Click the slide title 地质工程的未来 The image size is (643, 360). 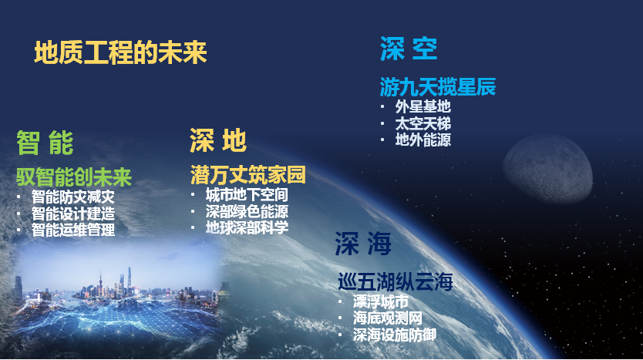pyautogui.click(x=120, y=53)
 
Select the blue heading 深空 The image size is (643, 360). pyautogui.click(x=409, y=49)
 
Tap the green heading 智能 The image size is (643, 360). pyautogui.click(x=45, y=143)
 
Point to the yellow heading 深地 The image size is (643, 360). pyautogui.click(x=217, y=140)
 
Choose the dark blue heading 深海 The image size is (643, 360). pyautogui.click(x=363, y=243)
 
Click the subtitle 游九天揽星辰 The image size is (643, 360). pyautogui.click(x=438, y=87)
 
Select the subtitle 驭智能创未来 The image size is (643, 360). pyautogui.click(x=74, y=177)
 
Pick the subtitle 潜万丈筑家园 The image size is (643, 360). pyautogui.click(x=248, y=175)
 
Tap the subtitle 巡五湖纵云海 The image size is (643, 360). pyautogui.click(x=396, y=282)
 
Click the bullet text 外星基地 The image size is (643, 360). pyautogui.click(x=422, y=107)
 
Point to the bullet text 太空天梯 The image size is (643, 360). pyautogui.click(x=422, y=123)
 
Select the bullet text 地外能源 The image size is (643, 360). pyautogui.click(x=422, y=140)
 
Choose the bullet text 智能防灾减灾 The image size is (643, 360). pyautogui.click(x=73, y=197)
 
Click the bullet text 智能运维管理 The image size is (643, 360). pyautogui.click(x=73, y=230)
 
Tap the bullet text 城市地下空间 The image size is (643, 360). pyautogui.click(x=247, y=195)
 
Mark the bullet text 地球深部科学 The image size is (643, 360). pyautogui.click(x=247, y=227)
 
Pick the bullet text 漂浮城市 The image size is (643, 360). pyautogui.click(x=381, y=302)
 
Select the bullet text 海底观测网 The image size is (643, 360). pyautogui.click(x=388, y=318)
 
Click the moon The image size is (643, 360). pyautogui.click(x=548, y=169)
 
